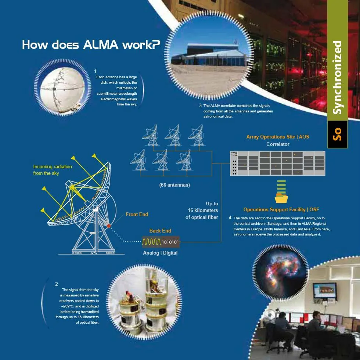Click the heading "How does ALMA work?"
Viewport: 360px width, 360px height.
[91, 45]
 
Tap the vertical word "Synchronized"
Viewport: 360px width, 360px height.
[337, 78]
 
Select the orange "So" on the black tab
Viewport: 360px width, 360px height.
[337, 134]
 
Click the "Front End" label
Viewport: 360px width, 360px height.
[137, 214]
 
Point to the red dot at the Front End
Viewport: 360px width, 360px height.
[109, 225]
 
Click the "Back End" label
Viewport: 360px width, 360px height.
[160, 231]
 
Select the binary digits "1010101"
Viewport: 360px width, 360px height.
[170, 242]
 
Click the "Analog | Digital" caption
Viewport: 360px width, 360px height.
[160, 253]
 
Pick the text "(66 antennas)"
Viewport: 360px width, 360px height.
[174, 185]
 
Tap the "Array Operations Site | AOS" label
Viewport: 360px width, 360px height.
[278, 137]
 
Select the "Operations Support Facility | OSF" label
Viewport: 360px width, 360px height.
[281, 209]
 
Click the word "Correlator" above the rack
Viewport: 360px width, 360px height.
[278, 144]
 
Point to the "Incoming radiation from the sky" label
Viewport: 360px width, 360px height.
[53, 170]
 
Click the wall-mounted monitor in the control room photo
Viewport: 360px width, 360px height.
[324, 290]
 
